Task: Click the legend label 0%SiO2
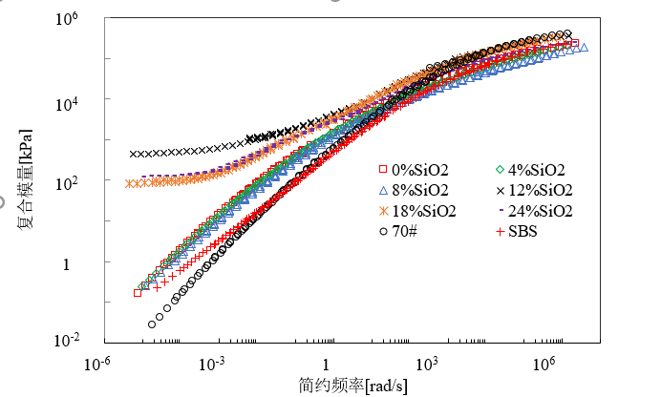coord(422,170)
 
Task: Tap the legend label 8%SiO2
coord(422,190)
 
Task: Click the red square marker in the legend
coord(382,170)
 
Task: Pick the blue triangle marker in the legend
coord(382,190)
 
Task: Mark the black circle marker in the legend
coord(382,231)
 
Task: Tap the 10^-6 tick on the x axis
coord(98,364)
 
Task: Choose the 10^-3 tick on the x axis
coord(210,364)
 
